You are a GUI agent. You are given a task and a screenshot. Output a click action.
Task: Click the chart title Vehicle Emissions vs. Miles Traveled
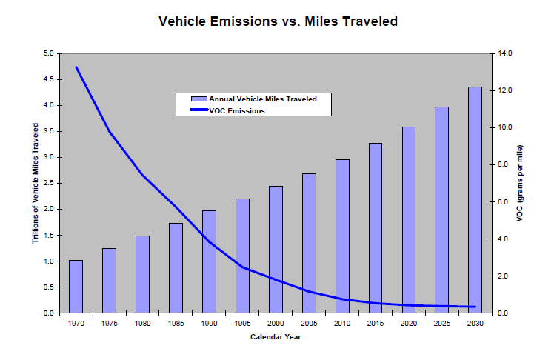(278, 21)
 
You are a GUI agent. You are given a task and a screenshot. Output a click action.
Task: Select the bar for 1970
(76, 287)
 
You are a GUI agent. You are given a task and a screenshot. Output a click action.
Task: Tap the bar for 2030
(475, 200)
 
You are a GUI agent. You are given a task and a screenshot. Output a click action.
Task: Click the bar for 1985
(176, 268)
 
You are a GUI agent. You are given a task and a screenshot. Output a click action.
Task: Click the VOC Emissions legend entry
(237, 110)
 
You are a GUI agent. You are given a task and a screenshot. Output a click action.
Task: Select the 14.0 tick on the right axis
(507, 53)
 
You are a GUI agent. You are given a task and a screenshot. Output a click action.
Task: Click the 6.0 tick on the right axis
(505, 201)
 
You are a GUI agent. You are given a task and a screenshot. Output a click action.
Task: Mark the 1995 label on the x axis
(242, 324)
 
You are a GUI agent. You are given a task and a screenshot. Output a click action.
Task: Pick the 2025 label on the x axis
(442, 324)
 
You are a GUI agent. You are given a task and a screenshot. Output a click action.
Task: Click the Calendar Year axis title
(275, 338)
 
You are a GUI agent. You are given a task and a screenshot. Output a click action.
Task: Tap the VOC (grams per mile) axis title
(520, 184)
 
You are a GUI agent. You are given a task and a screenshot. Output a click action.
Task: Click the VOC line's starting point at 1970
(76, 67)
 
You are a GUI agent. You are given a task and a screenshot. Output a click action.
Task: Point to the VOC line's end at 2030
(475, 307)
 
